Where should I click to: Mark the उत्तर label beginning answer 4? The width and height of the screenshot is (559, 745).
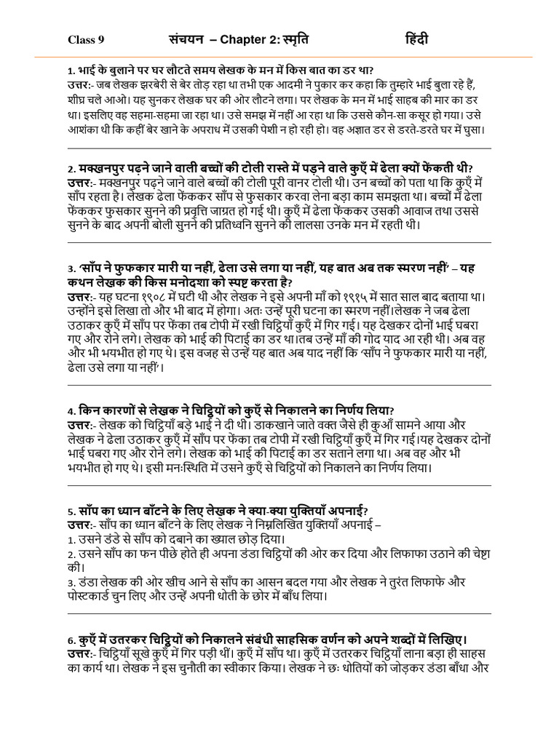click(x=79, y=425)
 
